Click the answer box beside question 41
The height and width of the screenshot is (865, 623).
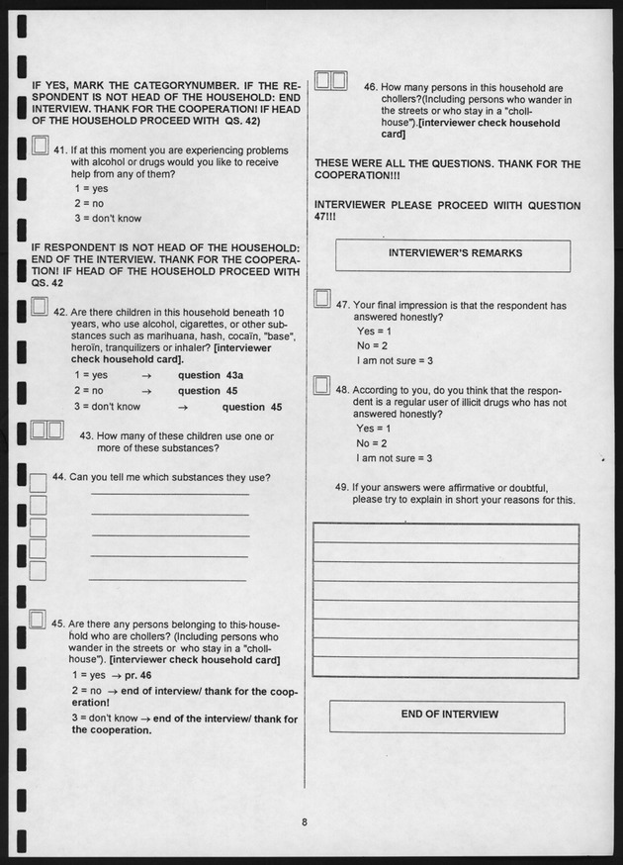coord(40,146)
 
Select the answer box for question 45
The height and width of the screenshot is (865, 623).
coord(38,621)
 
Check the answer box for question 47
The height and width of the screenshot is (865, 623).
coord(321,298)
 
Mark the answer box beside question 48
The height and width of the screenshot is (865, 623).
coord(321,385)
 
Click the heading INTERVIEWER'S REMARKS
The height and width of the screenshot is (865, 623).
coord(455,253)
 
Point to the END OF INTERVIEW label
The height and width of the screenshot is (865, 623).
coord(449,715)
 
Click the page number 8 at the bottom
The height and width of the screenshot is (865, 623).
coord(306,818)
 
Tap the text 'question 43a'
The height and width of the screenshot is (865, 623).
coord(210,376)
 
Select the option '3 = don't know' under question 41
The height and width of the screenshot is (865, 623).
coord(108,219)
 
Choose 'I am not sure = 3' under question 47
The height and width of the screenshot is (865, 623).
coord(395,360)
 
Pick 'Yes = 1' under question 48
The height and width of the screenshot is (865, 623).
coord(374,429)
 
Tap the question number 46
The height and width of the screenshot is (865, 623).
coord(371,87)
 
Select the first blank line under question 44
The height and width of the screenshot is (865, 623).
coord(169,493)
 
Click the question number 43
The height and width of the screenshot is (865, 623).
coord(86,434)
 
